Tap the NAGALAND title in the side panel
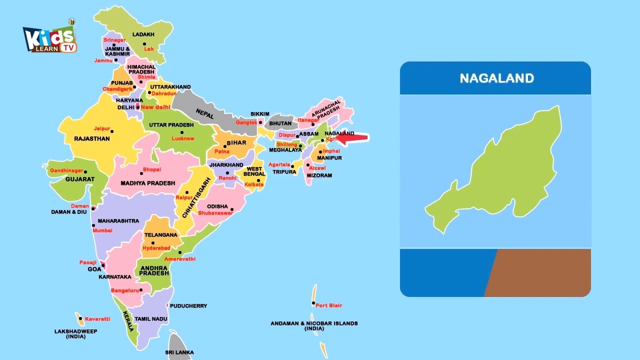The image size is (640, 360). (496, 78)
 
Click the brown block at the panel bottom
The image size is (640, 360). (540, 272)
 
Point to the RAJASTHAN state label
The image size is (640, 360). (91, 138)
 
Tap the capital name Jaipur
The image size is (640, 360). (101, 128)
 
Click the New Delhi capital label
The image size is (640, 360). (155, 107)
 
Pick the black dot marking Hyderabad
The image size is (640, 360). (153, 243)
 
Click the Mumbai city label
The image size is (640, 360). (102, 230)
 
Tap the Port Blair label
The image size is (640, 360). (328, 305)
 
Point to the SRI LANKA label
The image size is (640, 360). (179, 352)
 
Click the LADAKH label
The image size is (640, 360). (143, 34)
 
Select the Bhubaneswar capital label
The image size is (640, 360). (215, 213)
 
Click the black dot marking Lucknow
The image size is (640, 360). (182, 132)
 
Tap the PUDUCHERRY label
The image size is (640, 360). (188, 306)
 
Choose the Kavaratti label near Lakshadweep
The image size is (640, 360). (97, 319)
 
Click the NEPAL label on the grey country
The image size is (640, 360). (204, 114)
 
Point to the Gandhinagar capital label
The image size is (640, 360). (66, 171)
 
